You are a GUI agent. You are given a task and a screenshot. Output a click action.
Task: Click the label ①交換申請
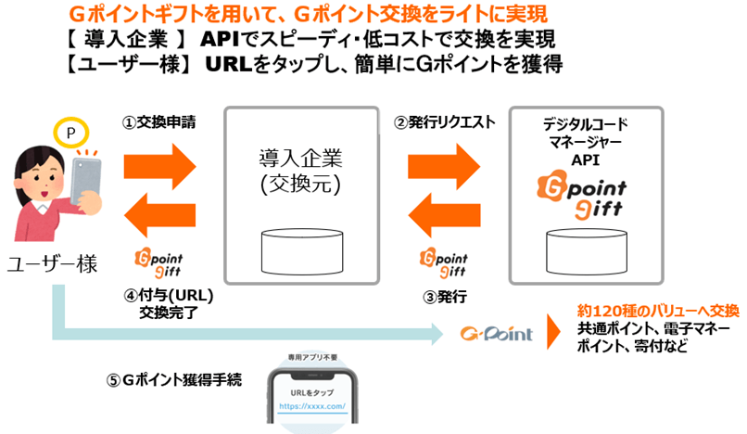tap(159, 121)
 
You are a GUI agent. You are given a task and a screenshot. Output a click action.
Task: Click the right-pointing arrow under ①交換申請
tap(167, 166)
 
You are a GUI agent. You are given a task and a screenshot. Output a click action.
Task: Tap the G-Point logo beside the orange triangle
tap(496, 331)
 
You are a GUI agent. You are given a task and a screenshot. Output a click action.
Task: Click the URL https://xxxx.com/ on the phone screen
tap(311, 406)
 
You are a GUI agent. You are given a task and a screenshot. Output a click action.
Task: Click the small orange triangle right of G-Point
tap(554, 329)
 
